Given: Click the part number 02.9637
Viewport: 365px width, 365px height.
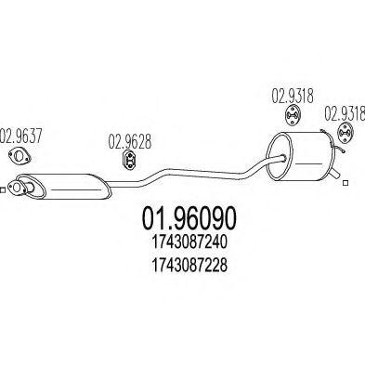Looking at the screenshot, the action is pos(20,136).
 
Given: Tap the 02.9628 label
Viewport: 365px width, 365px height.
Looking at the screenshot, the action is pos(130,141).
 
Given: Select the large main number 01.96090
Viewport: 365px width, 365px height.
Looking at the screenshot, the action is pos(189,217).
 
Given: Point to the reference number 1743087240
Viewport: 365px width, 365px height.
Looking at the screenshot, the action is pos(189,242).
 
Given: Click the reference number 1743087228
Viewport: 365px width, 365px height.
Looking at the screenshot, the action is pos(189,265).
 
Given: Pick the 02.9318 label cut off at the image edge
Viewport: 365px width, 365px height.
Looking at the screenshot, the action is pos(345,112).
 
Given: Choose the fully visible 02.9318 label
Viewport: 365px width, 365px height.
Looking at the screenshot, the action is pos(293,96).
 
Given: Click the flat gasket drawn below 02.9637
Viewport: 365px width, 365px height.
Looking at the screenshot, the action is pos(20,156).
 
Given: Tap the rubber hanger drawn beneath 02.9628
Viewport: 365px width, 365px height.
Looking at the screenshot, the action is pos(130,160).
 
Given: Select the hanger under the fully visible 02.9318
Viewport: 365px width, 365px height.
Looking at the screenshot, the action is pos(293,115).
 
